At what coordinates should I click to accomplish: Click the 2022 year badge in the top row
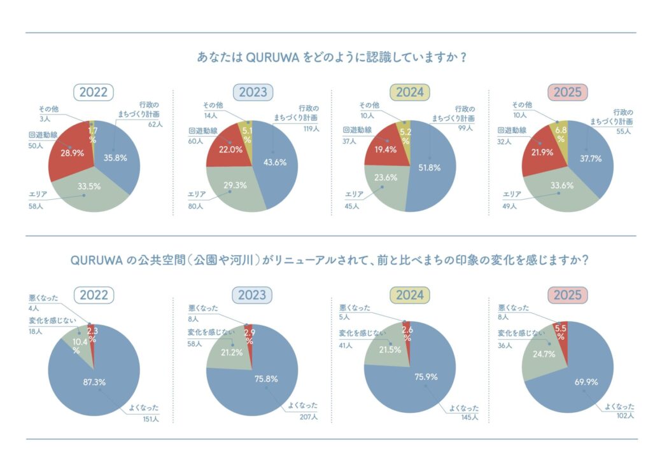tap(94, 92)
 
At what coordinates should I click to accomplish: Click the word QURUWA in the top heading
tap(274, 57)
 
